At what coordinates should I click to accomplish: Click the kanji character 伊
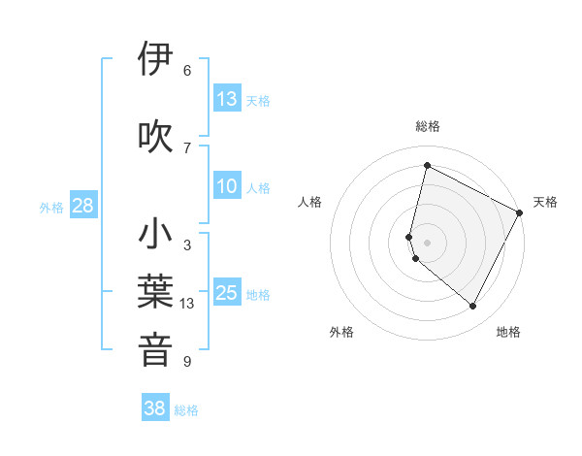pyautogui.click(x=156, y=59)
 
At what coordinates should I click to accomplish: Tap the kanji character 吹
pyautogui.click(x=156, y=136)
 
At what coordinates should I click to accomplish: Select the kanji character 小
pyautogui.click(x=156, y=234)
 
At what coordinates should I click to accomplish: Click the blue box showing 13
pyautogui.click(x=227, y=99)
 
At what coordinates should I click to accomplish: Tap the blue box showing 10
pyautogui.click(x=227, y=186)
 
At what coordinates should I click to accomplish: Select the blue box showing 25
pyautogui.click(x=227, y=293)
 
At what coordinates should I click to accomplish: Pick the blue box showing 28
pyautogui.click(x=82, y=206)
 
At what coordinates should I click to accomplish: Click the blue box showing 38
pyautogui.click(x=155, y=408)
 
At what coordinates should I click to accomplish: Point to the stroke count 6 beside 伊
pyautogui.click(x=187, y=71)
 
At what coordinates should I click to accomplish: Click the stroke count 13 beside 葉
pyautogui.click(x=187, y=304)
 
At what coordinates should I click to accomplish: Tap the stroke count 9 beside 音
pyautogui.click(x=187, y=362)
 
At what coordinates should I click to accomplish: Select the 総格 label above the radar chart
pyautogui.click(x=428, y=126)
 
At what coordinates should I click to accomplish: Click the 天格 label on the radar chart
pyautogui.click(x=545, y=202)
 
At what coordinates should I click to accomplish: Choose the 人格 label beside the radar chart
pyautogui.click(x=310, y=202)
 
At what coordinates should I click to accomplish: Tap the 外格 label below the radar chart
pyautogui.click(x=341, y=333)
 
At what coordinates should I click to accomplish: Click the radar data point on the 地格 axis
pyautogui.click(x=472, y=307)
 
